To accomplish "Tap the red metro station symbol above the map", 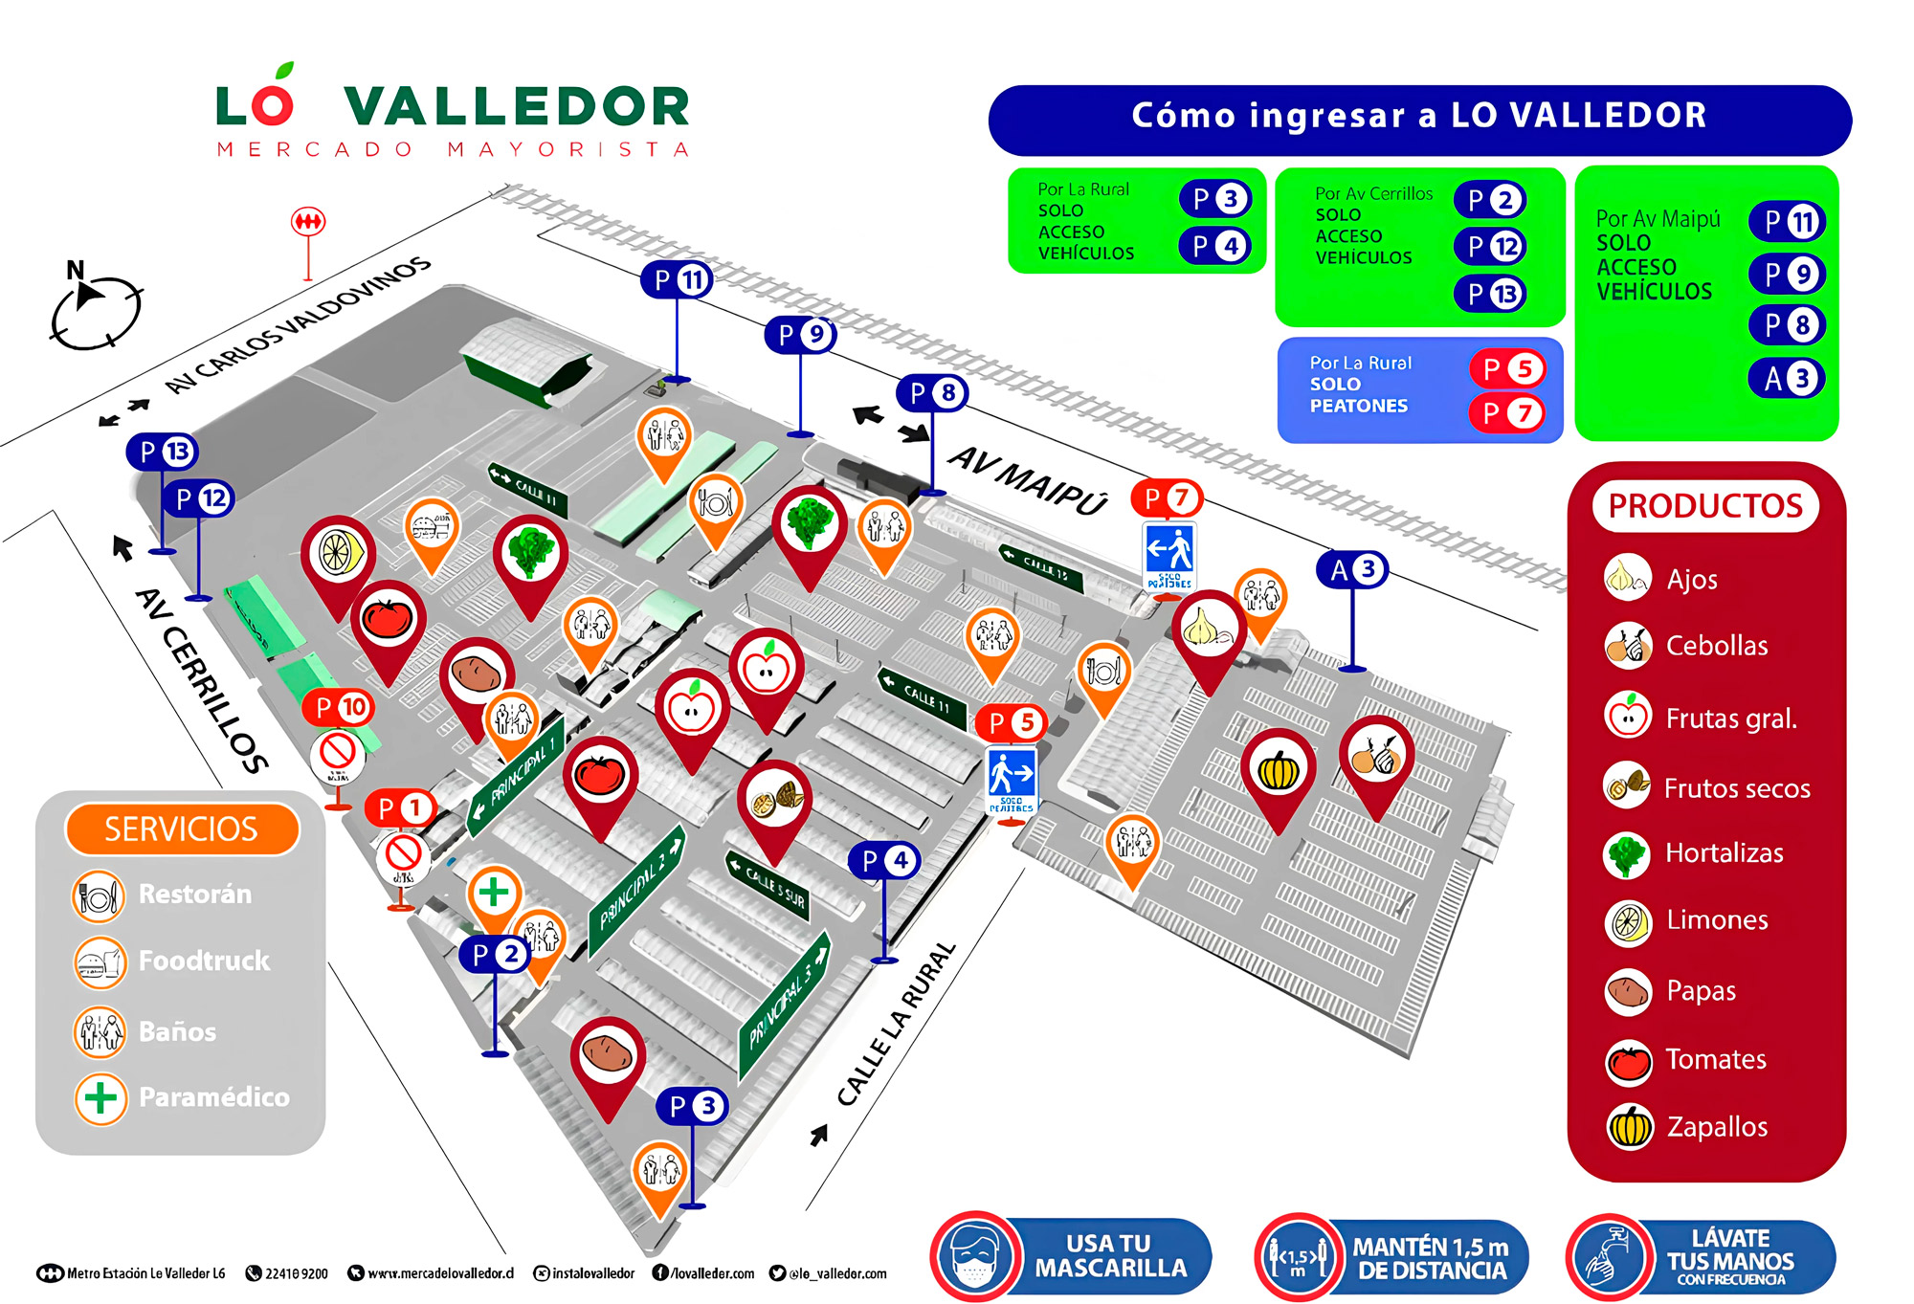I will [x=308, y=222].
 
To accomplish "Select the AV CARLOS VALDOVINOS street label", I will [x=298, y=324].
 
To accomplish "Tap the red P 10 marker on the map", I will [x=340, y=708].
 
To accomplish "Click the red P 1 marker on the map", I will [x=400, y=808].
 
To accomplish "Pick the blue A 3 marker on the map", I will [x=1352, y=570].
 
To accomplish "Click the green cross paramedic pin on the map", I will [x=494, y=893].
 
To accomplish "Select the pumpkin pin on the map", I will [x=1279, y=770].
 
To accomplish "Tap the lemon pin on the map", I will [x=337, y=554].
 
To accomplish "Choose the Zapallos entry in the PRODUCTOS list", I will [x=1717, y=1127].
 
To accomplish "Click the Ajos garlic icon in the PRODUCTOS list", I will [x=1628, y=577].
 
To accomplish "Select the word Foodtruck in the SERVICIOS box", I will [x=204, y=961].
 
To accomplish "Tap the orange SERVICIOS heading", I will [x=182, y=829].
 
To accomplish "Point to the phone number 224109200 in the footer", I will [x=296, y=1273].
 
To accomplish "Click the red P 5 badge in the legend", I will [x=1507, y=369].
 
